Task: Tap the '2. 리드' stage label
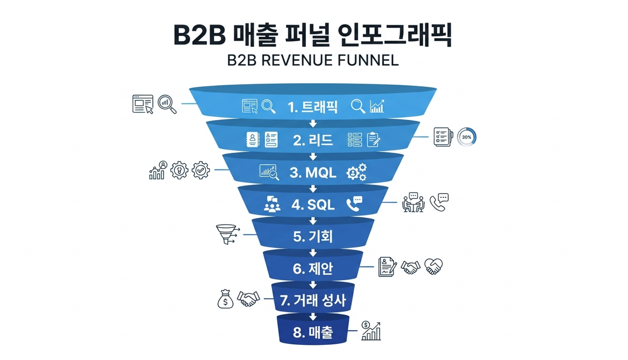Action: click(313, 140)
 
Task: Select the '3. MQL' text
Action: click(313, 172)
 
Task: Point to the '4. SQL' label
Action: click(313, 205)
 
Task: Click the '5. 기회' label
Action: click(313, 237)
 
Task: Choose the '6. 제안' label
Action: click(313, 268)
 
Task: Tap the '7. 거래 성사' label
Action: click(313, 300)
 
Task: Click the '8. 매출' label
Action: click(313, 333)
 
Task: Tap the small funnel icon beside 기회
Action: click(226, 234)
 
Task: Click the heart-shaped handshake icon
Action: click(434, 266)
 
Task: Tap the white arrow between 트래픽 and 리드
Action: click(313, 123)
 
